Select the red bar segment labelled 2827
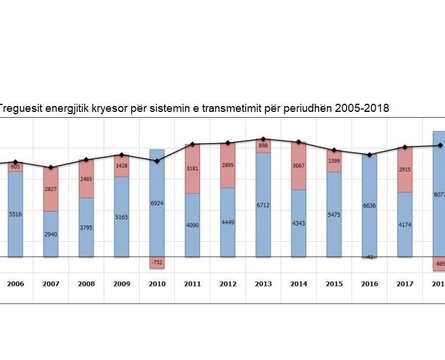[51, 189]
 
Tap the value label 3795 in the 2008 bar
[86, 227]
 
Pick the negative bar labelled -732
[157, 263]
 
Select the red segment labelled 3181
[192, 169]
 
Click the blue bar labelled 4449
[228, 222]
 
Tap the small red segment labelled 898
[263, 146]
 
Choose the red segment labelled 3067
[298, 166]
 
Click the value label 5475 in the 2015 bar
[334, 214]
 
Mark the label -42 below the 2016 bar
[369, 257]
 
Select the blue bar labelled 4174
[405, 224]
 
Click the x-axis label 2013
[263, 284]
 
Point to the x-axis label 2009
[122, 284]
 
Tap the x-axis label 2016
[369, 284]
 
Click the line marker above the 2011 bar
[192, 144]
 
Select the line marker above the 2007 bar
[51, 168]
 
